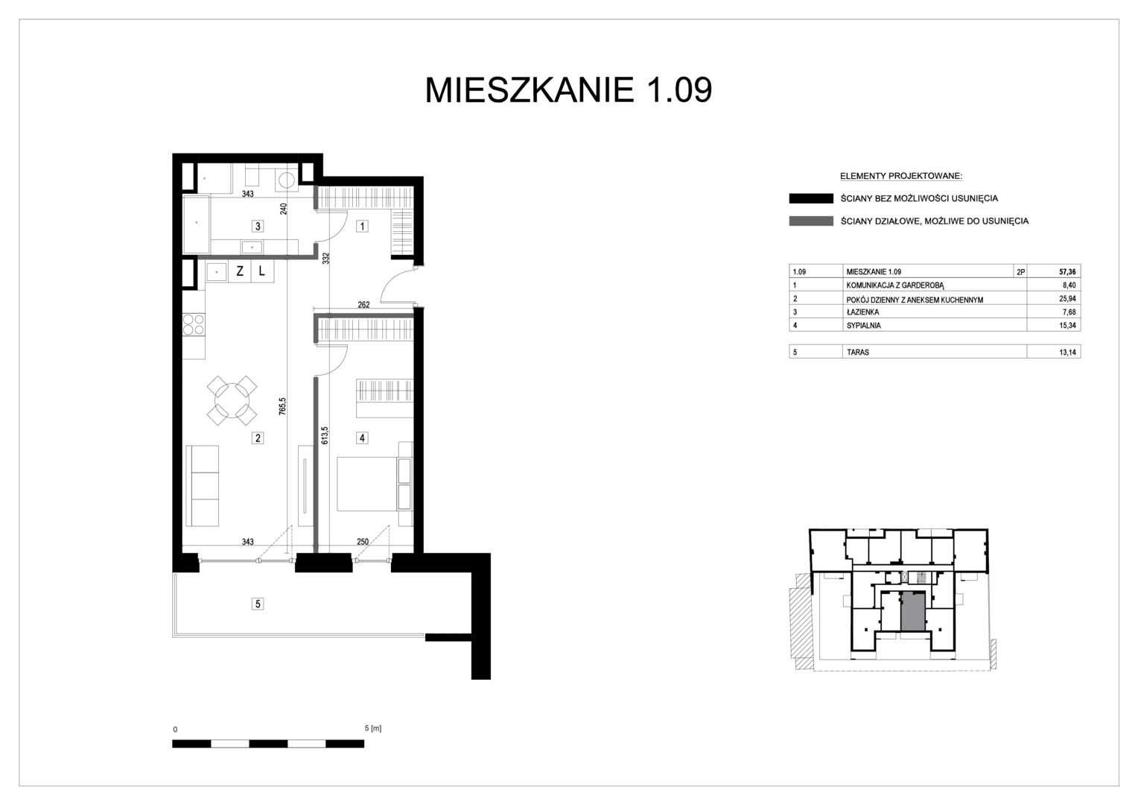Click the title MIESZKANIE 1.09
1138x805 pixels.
point(568,90)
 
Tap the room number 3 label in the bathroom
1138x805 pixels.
point(258,227)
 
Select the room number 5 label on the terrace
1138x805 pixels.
point(258,604)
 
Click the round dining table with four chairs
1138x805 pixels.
point(232,401)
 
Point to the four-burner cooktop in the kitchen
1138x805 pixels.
point(194,324)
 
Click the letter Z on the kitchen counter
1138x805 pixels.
point(240,271)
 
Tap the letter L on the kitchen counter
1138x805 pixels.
point(261,271)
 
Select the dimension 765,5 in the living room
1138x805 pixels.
point(283,406)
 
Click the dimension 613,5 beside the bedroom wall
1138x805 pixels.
point(325,435)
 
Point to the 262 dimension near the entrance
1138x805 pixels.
point(363,305)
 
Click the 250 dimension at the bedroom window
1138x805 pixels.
point(362,542)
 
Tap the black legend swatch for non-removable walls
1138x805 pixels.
point(811,199)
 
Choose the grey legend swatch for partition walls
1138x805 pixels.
point(811,221)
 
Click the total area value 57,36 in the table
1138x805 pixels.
point(1067,272)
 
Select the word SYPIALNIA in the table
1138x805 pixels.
point(864,326)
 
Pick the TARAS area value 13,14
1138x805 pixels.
point(1067,352)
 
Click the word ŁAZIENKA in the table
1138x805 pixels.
point(862,312)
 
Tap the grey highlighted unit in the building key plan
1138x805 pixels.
point(912,612)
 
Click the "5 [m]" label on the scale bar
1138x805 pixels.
point(373,728)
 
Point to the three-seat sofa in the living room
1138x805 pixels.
point(202,486)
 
